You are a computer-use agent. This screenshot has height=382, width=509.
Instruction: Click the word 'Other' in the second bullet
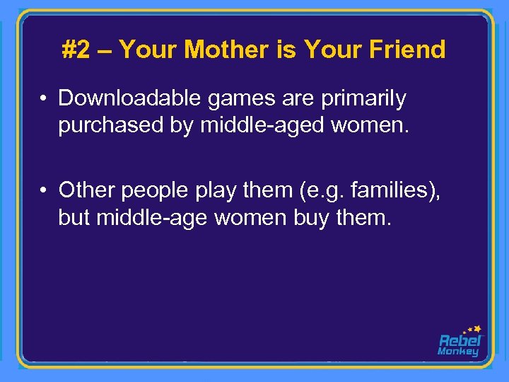click(x=87, y=190)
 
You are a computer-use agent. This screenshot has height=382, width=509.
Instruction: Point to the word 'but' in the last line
click(x=75, y=216)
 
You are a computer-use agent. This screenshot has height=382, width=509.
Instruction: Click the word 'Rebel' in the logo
click(x=459, y=340)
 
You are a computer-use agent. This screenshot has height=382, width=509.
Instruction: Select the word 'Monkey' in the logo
click(x=458, y=352)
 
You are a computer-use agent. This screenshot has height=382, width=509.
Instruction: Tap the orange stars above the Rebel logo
click(x=472, y=328)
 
